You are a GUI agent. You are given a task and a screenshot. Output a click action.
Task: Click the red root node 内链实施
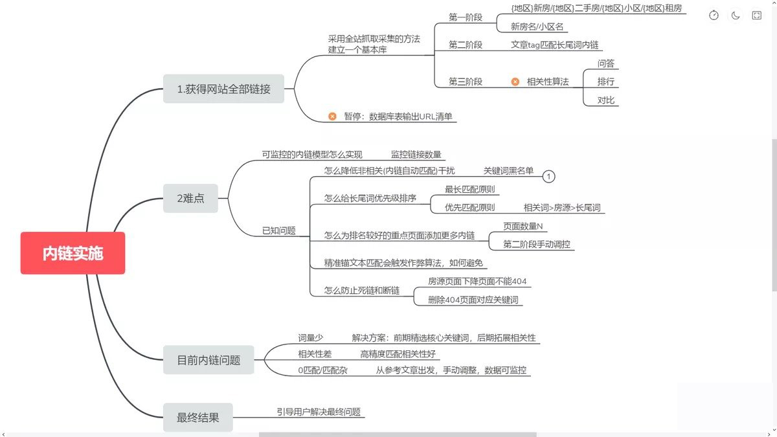coord(73,253)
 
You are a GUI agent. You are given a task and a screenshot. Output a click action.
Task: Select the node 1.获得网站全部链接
coord(223,89)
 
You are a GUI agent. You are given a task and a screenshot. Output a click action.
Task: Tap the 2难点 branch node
coord(190,198)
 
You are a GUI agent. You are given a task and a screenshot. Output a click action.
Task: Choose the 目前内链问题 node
coord(208,360)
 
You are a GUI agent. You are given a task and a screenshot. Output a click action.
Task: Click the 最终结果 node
coord(197,418)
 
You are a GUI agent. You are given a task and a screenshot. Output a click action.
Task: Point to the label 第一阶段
coord(466,17)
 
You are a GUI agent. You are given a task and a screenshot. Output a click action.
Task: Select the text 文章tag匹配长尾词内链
coord(554,45)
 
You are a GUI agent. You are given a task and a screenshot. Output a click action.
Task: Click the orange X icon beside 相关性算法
coord(515,82)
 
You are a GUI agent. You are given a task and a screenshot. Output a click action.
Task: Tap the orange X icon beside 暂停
coord(332,117)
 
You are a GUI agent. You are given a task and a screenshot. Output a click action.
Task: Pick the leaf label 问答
coord(606,63)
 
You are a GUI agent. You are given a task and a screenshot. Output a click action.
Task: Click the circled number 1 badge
coord(548,176)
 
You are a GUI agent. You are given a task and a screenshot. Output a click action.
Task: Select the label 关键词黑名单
coord(508,170)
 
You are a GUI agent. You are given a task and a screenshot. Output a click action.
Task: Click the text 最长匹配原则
coord(469,189)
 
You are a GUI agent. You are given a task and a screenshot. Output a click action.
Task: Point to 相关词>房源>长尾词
coord(562,208)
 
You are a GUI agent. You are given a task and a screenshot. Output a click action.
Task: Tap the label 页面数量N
coord(523,226)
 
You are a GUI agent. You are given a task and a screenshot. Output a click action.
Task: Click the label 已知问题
coord(278,230)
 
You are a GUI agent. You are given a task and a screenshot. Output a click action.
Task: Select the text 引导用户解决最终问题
coord(319,412)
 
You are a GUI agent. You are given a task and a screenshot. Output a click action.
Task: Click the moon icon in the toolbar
coord(735,16)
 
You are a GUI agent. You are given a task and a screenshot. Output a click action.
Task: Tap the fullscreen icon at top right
coord(756,16)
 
